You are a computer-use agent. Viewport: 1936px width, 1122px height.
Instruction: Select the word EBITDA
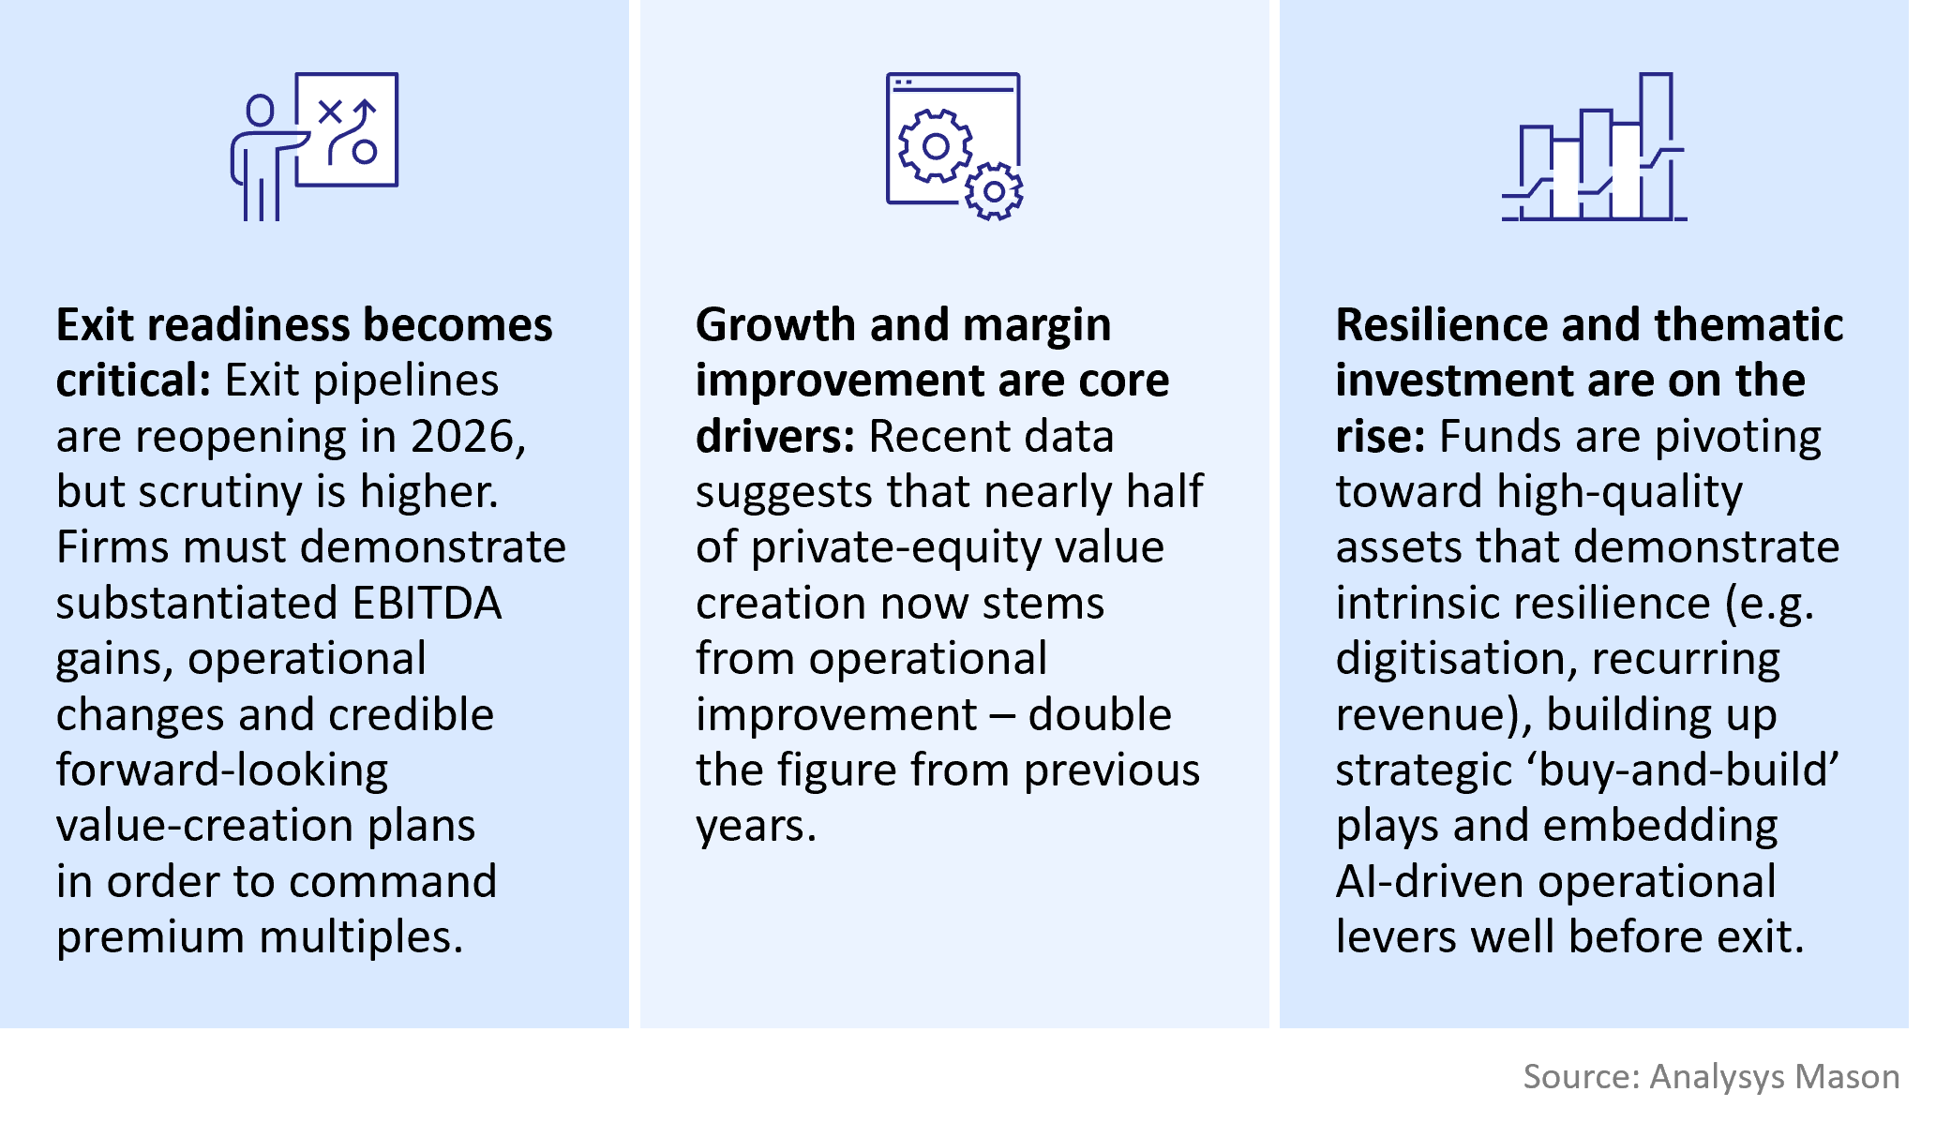click(x=428, y=603)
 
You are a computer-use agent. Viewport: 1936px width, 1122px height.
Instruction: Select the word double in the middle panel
click(x=1100, y=714)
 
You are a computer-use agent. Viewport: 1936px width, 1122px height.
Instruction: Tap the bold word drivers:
click(x=775, y=437)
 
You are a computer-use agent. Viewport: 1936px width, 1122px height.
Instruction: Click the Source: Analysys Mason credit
click(x=1711, y=1076)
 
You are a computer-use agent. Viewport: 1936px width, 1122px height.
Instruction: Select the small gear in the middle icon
click(x=994, y=192)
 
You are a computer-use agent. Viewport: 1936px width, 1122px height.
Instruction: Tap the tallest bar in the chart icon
click(x=1656, y=146)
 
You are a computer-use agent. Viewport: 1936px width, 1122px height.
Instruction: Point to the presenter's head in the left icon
click(x=260, y=111)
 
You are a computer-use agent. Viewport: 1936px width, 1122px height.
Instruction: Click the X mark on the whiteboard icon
click(x=329, y=112)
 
